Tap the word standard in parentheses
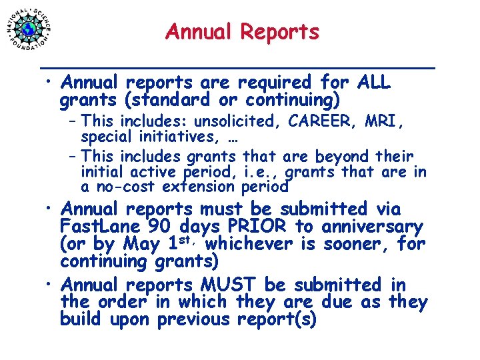click(x=164, y=101)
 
